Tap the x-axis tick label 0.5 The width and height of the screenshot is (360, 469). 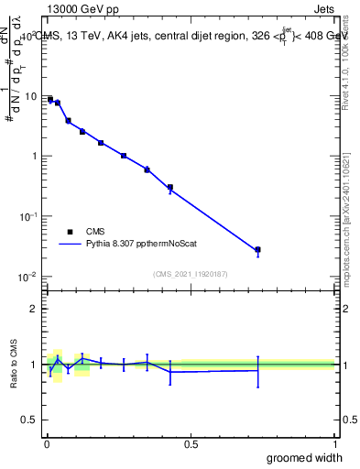[191, 444]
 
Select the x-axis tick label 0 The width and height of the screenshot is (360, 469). [47, 444]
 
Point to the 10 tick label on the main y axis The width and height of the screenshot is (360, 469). [31, 96]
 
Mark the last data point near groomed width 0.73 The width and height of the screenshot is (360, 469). [258, 249]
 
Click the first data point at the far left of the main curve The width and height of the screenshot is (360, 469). [50, 99]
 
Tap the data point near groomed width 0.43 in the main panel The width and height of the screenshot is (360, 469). [170, 187]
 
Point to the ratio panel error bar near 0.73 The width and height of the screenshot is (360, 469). [258, 370]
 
